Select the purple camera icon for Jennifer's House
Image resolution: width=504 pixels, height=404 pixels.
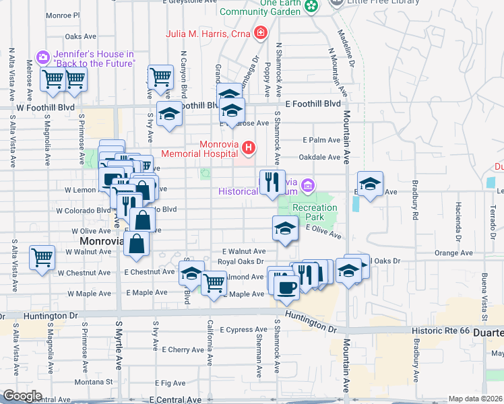pyautogui.click(x=43, y=58)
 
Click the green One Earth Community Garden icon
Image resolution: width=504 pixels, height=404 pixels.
pyautogui.click(x=311, y=5)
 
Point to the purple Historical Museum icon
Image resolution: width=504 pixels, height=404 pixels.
pyautogui.click(x=308, y=184)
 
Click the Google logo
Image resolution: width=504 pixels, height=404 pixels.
pyautogui.click(x=22, y=396)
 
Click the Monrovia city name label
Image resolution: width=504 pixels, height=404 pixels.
pyautogui.click(x=100, y=240)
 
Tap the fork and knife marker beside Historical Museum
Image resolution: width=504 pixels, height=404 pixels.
pyautogui.click(x=272, y=182)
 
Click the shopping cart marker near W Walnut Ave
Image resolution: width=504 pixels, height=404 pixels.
pyautogui.click(x=42, y=257)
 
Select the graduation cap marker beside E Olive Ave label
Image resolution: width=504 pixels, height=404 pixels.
pyautogui.click(x=285, y=228)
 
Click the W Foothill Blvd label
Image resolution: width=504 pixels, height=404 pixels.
pyautogui.click(x=46, y=107)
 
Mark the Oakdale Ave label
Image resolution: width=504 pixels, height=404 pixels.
pyautogui.click(x=321, y=157)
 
